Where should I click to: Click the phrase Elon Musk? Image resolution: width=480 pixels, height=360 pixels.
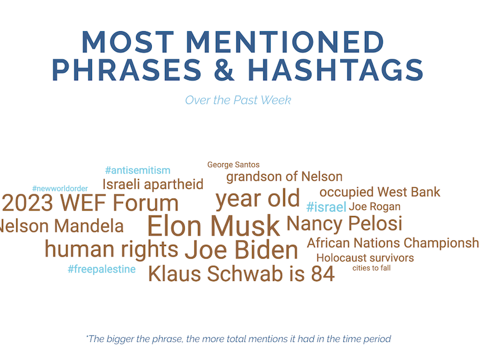tap(214, 226)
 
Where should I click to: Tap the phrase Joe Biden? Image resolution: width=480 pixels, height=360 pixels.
tap(241, 250)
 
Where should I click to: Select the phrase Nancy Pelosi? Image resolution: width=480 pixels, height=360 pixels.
tap(344, 223)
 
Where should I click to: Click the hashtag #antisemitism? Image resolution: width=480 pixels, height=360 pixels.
tap(138, 170)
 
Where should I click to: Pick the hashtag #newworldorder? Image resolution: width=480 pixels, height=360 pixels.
tap(60, 188)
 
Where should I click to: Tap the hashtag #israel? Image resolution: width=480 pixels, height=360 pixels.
tap(326, 207)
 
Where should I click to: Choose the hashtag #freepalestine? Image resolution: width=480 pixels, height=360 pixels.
tap(101, 269)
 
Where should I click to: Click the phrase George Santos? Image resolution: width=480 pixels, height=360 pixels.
tap(233, 164)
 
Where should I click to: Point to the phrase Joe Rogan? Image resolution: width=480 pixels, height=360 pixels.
tap(374, 206)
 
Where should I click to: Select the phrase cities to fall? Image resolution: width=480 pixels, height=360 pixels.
tap(371, 268)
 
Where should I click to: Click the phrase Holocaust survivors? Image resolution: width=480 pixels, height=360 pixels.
tap(365, 258)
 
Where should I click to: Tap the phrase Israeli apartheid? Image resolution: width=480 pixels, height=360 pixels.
tap(153, 185)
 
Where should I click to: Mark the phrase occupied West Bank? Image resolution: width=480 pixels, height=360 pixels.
tap(380, 192)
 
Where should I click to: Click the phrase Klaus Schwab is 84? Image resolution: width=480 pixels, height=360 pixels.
tap(242, 274)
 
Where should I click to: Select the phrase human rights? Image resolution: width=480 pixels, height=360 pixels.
tap(112, 249)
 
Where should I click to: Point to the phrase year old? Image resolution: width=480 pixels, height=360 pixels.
tap(258, 199)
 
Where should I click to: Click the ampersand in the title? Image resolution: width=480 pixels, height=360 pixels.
tap(224, 70)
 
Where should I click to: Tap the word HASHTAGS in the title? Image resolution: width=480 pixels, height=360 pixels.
tap(335, 70)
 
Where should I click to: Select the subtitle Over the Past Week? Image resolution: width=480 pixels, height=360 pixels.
tap(238, 100)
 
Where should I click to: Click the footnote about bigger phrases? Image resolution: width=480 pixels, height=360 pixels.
tap(238, 339)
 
